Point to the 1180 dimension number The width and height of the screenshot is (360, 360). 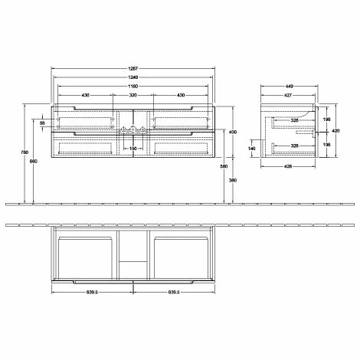click(133, 86)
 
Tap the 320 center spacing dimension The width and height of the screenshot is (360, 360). click(133, 95)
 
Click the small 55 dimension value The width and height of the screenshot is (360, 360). click(44, 123)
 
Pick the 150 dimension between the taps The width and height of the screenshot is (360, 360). click(133, 149)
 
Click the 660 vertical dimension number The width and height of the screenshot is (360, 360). click(34, 161)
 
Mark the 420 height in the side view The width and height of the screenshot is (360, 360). click(335, 130)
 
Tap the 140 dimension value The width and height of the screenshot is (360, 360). click(254, 149)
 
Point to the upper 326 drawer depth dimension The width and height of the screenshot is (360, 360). click(295, 120)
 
